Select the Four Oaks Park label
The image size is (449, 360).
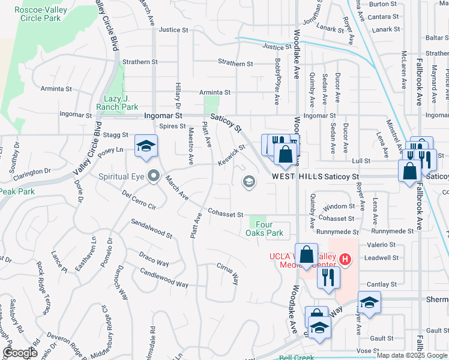[x=264, y=229]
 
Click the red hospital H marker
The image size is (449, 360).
[x=345, y=259]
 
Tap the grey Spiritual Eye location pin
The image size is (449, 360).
[x=154, y=176]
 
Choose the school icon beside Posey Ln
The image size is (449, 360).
[x=145, y=146]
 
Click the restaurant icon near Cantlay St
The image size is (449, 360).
[x=328, y=277]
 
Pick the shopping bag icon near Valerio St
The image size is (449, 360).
[x=306, y=254]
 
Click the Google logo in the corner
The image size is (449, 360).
[x=20, y=352]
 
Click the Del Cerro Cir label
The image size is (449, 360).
[x=139, y=200]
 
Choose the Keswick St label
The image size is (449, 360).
[x=233, y=155]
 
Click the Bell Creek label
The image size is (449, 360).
[x=297, y=358]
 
